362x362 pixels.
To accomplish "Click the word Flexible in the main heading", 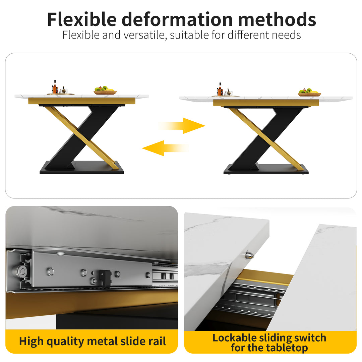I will point(82,19).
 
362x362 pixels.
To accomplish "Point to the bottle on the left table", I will point(54,87).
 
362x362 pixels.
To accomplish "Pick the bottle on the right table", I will point(220,90).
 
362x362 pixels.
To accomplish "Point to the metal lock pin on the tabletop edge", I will point(249,256).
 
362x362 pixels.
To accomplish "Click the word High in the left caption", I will point(31,341).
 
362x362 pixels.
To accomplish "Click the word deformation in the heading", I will point(177,19).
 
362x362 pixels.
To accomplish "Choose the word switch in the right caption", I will point(308,338).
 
